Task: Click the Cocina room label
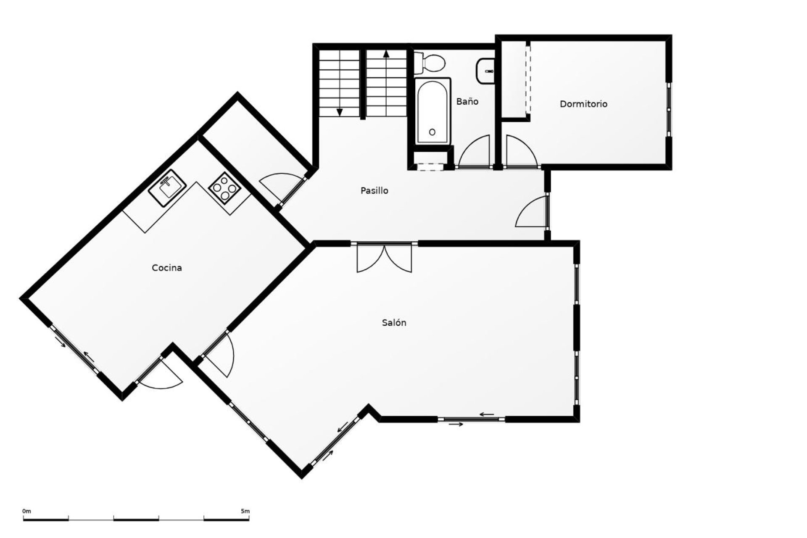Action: pos(167,268)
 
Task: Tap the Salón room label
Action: pos(394,323)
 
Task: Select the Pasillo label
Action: pos(374,191)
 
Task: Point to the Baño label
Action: pos(467,101)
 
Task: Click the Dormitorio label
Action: pos(583,104)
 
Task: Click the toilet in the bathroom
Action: pos(430,63)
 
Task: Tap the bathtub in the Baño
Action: pos(433,111)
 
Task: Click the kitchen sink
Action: pos(168,188)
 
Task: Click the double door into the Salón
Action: pos(384,257)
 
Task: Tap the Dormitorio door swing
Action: pos(522,152)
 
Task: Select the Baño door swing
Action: pos(475,152)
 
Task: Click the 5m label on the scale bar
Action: pos(245,512)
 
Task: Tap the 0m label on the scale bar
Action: pos(26,512)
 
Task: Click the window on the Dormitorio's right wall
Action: pos(669,109)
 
